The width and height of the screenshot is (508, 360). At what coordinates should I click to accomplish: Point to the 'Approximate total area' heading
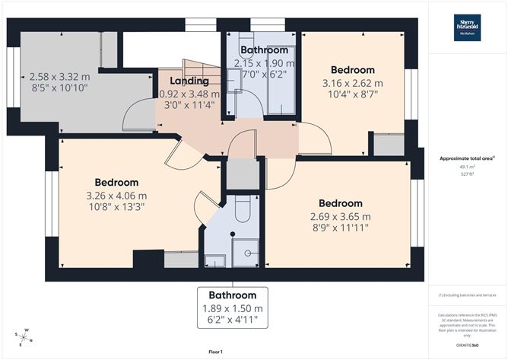466,158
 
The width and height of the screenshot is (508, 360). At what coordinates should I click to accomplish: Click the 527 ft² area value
467,174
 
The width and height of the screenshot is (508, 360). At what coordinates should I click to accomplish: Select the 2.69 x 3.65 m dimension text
341,216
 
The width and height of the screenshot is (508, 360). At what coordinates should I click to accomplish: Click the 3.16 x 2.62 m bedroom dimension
352,83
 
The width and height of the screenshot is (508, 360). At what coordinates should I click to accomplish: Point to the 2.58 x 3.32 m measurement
60,77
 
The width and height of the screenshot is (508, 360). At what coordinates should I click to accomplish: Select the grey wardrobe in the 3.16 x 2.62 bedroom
389,145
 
